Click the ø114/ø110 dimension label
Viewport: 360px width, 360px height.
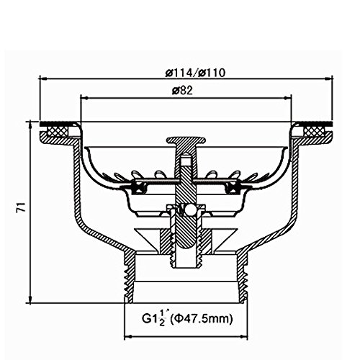[x=195, y=73]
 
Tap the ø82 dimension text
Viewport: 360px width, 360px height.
[x=182, y=91]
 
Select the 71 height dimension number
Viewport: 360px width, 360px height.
[x=21, y=207]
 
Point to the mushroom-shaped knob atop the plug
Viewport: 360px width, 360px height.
[x=186, y=140]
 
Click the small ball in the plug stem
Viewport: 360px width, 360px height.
[x=191, y=209]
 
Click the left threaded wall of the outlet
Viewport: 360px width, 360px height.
[x=128, y=276]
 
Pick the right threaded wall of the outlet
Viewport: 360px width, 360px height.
[x=242, y=276]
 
